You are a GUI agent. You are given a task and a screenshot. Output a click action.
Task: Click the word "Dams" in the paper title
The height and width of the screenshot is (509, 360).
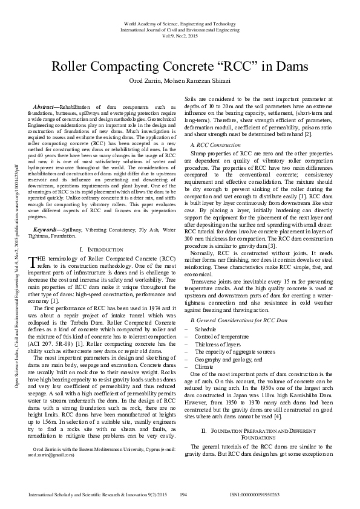tap(286, 65)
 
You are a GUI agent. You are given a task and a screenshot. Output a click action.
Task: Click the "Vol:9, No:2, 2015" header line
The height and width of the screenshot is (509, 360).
tap(180, 34)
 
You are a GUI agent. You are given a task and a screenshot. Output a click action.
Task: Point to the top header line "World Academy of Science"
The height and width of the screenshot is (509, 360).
tap(180, 21)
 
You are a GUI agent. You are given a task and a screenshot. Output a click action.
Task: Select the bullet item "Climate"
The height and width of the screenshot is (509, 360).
tap(204, 366)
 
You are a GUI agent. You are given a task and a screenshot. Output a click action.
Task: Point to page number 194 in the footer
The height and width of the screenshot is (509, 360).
tap(183, 494)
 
